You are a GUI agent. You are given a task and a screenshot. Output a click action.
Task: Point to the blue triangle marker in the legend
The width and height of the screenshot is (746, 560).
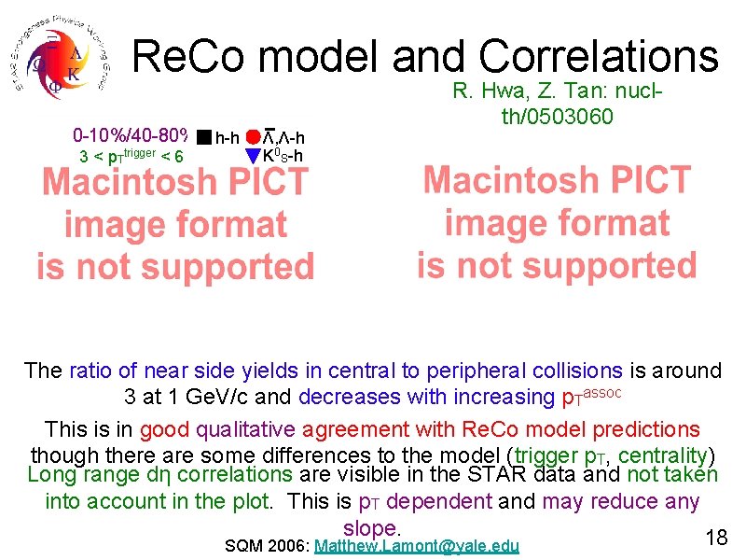tap(252, 156)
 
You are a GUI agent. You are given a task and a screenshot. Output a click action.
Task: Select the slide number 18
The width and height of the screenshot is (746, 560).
tap(716, 538)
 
